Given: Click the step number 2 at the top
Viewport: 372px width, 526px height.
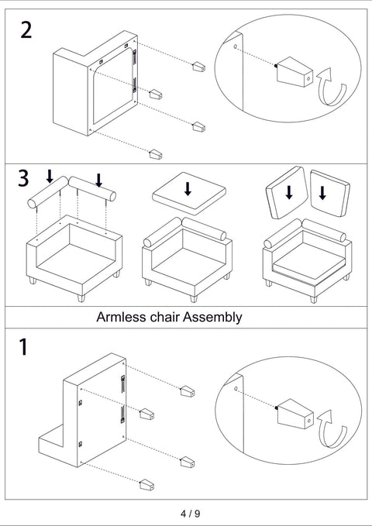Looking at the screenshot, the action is tap(26, 30).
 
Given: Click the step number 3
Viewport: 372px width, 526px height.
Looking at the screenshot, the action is tap(23, 178).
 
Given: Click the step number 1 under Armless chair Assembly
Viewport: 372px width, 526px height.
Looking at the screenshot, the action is tap(23, 347).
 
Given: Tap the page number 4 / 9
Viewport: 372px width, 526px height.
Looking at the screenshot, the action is tap(191, 514).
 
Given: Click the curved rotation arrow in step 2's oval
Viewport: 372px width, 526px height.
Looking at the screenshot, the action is tap(332, 88).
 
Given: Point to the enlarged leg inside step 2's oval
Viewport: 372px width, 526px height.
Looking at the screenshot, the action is tap(294, 72).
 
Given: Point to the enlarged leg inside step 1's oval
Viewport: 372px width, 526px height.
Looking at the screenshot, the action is tap(294, 414).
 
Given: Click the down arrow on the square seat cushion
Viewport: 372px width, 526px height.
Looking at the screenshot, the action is tap(188, 189).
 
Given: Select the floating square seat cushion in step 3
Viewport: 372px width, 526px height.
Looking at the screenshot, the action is tap(189, 194).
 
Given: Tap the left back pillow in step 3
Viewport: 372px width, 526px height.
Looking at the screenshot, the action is tap(287, 193).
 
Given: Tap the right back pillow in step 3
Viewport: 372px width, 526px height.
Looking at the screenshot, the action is tap(330, 193).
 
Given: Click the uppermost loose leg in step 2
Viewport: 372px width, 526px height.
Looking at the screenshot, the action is tap(198, 67).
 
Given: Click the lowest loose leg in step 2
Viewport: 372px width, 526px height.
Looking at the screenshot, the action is tap(156, 154).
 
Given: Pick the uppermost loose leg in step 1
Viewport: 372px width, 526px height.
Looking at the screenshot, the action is tap(188, 391).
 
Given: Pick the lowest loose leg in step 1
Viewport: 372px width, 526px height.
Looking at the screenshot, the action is tap(146, 485).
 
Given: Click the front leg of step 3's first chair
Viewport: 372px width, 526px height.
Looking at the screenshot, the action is tap(81, 298).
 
